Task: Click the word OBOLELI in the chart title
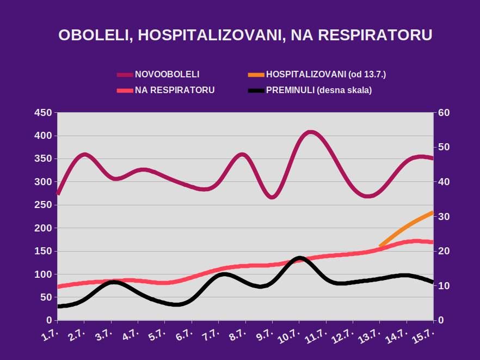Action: point(95,35)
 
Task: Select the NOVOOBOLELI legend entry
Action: point(167,75)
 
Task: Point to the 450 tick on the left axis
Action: point(42,113)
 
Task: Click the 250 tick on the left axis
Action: point(42,205)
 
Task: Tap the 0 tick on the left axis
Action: point(48,321)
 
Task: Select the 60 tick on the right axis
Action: point(443,113)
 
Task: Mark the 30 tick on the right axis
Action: point(443,217)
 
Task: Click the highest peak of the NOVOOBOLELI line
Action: point(310,132)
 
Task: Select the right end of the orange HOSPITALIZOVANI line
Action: point(432,212)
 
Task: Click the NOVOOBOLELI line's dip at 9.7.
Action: point(273,197)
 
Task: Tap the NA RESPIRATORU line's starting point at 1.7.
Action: point(58,286)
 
